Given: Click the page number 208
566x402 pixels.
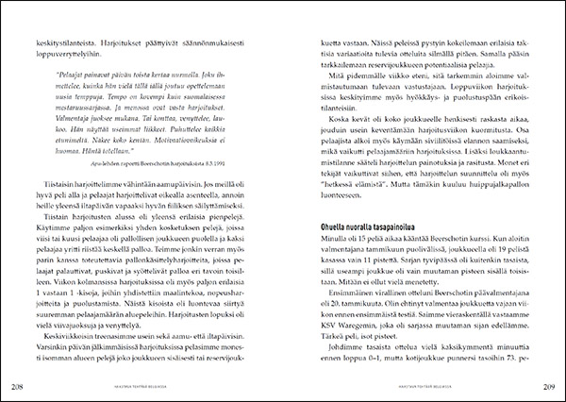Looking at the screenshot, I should [17, 385].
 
